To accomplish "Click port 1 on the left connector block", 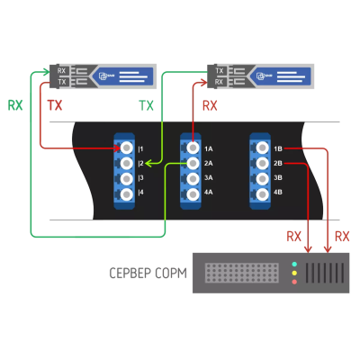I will tap(125, 148).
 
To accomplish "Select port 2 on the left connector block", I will tap(125, 163).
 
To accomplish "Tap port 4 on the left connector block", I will tap(125, 193).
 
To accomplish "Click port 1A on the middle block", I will tap(193, 148).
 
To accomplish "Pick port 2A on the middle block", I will tap(193, 163).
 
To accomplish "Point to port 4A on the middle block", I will tap(193, 193).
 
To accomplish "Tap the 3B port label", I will tap(278, 178).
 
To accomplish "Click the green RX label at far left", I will tap(15, 105).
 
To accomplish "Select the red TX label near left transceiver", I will tap(55, 105).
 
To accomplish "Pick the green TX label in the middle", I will tap(146, 106).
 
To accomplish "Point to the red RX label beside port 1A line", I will tap(210, 106).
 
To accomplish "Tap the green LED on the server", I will tap(294, 265).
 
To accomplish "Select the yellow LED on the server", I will tap(294, 274).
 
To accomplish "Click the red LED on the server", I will tap(294, 283).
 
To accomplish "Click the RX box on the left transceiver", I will tap(61, 70).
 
